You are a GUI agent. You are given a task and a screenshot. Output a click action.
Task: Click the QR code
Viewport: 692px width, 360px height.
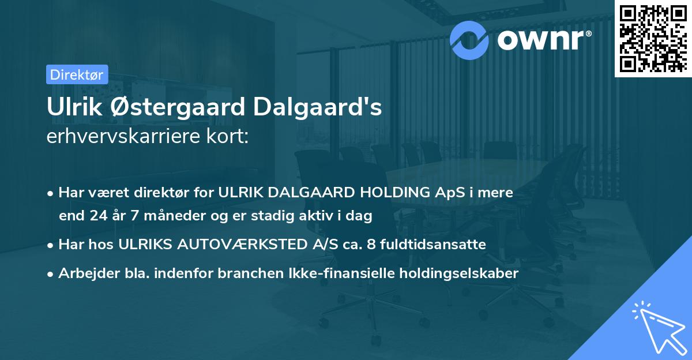(653, 38)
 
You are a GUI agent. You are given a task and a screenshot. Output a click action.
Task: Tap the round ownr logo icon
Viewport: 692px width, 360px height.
(469, 39)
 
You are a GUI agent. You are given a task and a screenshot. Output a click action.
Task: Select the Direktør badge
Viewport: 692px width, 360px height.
(77, 74)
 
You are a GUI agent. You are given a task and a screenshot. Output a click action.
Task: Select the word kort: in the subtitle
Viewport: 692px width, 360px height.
(228, 137)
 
